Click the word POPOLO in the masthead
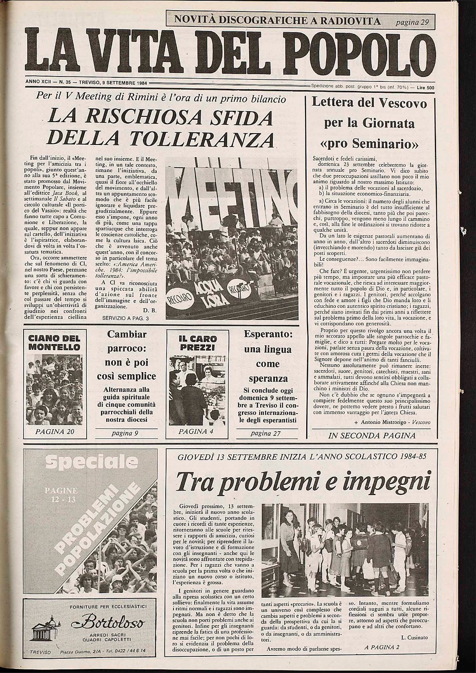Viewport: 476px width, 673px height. coord(363,51)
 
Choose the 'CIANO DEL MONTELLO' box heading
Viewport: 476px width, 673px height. coord(54,343)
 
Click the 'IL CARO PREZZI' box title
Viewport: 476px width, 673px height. coord(198,343)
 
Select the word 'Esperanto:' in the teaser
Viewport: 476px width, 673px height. coord(269,334)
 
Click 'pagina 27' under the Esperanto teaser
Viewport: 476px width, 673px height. coord(265,433)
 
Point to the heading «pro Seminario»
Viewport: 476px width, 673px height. coord(370,144)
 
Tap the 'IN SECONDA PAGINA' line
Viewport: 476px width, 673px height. coord(372,436)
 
